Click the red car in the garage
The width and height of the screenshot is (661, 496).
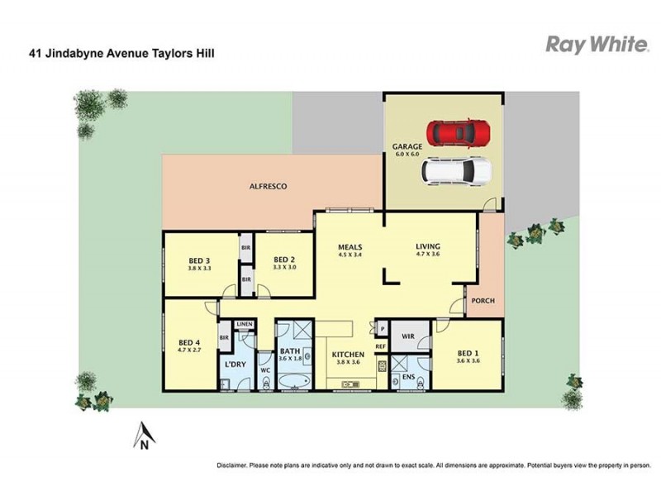pos(458,131)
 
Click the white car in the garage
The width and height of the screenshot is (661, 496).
pos(456,171)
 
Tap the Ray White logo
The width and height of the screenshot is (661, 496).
pos(596,45)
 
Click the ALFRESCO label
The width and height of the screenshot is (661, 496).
pos(268,187)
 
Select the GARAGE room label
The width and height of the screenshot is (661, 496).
pos(407,147)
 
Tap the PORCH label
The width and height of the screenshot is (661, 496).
pos(483,300)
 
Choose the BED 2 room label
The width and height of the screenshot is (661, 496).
pos(284,258)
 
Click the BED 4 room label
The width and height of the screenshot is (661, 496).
pos(190,342)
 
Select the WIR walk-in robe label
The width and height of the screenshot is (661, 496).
pos(407,336)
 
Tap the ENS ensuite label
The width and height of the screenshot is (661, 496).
pos(407,377)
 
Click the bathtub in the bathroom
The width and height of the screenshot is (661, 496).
pos(293,382)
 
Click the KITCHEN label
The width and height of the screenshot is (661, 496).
pos(348,354)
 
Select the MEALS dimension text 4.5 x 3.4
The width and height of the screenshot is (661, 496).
pos(350,255)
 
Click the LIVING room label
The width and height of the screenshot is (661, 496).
pos(428,246)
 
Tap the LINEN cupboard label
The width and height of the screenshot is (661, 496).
pos(244,324)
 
